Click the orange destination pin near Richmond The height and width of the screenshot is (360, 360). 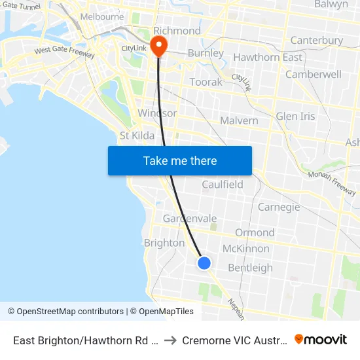[158, 45]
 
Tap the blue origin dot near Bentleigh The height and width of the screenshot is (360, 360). [204, 263]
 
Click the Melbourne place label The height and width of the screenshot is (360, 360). [101, 16]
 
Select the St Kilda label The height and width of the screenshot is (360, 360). [137, 135]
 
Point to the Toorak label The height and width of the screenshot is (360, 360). [206, 82]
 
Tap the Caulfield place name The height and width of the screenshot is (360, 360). [223, 185]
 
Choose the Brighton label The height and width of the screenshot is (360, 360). [164, 243]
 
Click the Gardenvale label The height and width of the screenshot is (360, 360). [190, 218]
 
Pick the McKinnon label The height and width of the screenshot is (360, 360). [245, 249]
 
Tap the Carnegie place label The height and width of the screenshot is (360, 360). [279, 207]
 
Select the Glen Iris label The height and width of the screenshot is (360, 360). [295, 117]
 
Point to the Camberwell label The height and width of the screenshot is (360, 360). [313, 75]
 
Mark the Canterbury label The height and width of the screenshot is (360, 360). [316, 41]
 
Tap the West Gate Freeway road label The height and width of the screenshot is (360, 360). [64, 50]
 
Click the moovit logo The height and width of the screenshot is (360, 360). [321, 340]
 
